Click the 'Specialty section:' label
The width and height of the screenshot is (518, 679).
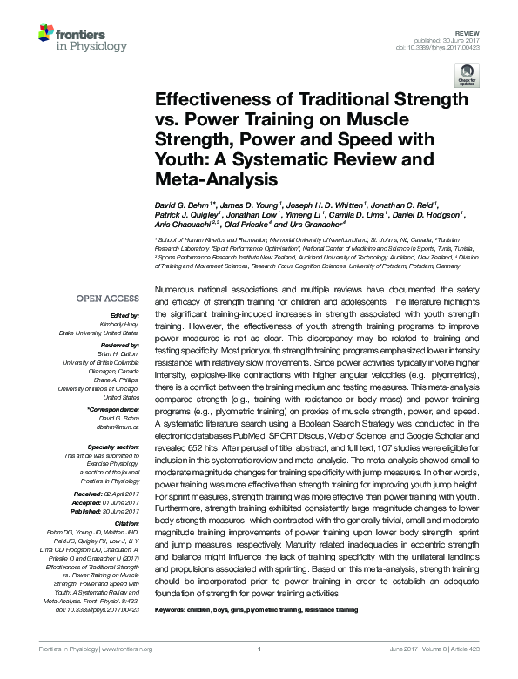[111, 447]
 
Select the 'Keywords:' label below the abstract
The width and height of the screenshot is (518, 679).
[172, 611]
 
